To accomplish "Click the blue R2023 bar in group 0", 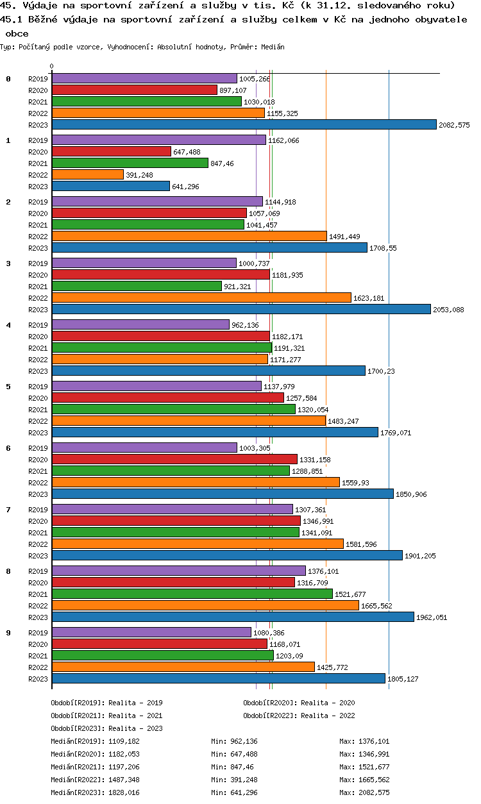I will [244, 124].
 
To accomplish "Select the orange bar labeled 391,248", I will [87, 174].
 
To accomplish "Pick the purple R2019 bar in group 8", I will [178, 571].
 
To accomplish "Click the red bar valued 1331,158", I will [174, 459].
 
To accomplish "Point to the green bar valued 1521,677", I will [192, 594].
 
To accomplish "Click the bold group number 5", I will [8, 387].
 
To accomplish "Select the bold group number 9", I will [8, 633].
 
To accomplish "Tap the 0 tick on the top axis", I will [52, 66].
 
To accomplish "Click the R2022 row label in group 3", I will [38, 298].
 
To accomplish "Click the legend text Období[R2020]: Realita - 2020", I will [299, 703].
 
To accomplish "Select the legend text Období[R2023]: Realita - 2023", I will [106, 728].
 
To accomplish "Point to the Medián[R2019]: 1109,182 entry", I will [95, 741].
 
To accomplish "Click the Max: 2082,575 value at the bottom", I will [364, 792].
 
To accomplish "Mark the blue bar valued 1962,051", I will [233, 617].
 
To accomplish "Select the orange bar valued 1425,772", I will [183, 667].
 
